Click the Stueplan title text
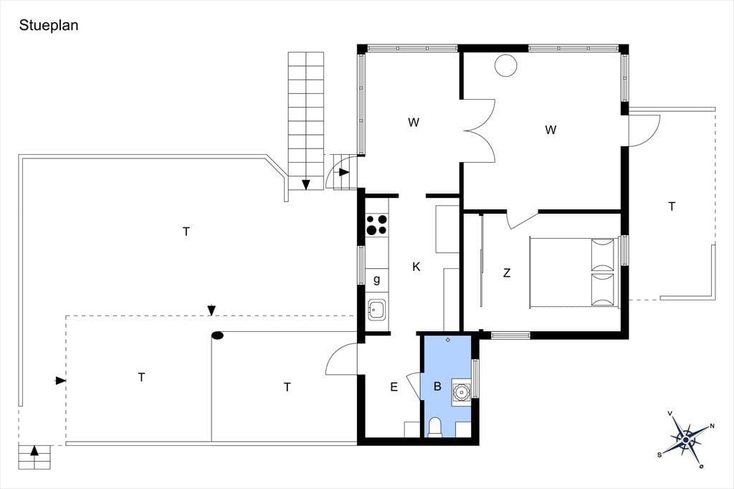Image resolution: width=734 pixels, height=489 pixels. click(x=49, y=25)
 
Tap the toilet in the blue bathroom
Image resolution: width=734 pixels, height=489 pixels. click(x=435, y=427)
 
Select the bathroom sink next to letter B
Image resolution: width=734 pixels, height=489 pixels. click(x=461, y=391)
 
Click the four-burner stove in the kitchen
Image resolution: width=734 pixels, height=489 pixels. click(x=377, y=224)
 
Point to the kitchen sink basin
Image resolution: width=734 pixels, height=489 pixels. click(x=377, y=310)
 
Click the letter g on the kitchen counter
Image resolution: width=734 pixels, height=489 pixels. click(x=377, y=280)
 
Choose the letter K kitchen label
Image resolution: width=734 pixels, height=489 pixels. click(x=416, y=267)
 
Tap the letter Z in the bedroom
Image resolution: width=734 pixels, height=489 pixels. click(x=507, y=272)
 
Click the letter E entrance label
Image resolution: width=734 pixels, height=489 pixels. click(x=394, y=387)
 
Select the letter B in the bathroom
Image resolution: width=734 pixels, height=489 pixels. click(x=438, y=386)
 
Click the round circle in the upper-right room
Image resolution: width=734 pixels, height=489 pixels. click(x=506, y=65)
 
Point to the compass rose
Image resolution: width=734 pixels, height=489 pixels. click(x=686, y=440)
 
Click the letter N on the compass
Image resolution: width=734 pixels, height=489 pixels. click(x=712, y=426)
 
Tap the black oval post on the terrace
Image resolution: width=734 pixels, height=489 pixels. click(x=217, y=336)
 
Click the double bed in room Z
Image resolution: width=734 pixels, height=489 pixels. click(x=574, y=272)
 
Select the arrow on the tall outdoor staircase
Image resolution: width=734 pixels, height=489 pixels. click(x=306, y=184)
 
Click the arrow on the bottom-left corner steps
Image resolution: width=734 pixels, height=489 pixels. click(x=34, y=450)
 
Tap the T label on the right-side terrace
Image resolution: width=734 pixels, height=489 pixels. click(x=672, y=206)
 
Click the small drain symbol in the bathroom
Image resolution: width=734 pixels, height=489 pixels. click(x=448, y=340)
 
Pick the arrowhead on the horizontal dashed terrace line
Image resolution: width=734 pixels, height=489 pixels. click(x=211, y=310)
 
